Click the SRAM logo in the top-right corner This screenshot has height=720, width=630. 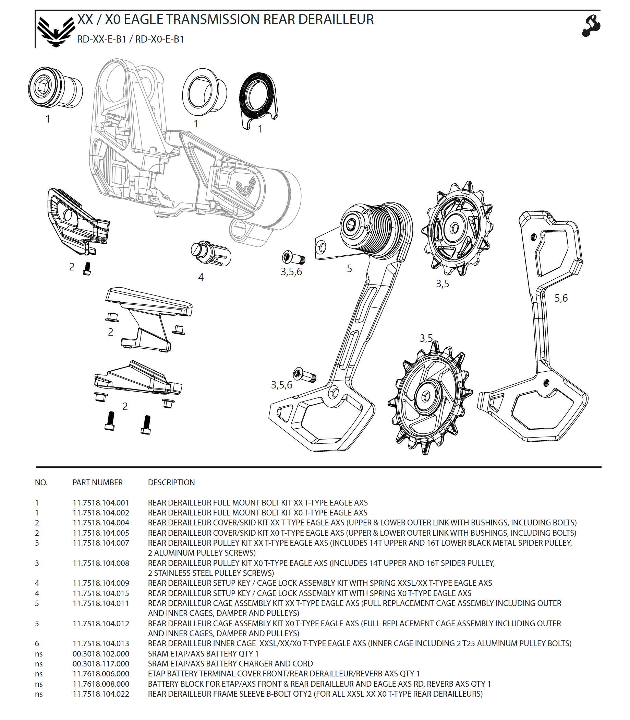pyautogui.click(x=591, y=25)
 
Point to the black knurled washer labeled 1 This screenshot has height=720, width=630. pyautogui.click(x=258, y=100)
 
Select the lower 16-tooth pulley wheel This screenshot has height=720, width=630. pyautogui.click(x=429, y=398)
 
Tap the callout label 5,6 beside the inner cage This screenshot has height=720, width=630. pyautogui.click(x=561, y=298)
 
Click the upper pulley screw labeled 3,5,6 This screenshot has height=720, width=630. pyautogui.click(x=293, y=258)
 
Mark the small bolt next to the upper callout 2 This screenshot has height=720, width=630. pyautogui.click(x=87, y=269)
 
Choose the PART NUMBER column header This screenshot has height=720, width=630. pyautogui.click(x=98, y=482)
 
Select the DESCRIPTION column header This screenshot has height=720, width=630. pyautogui.click(x=171, y=482)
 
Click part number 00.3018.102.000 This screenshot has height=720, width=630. pyautogui.click(x=101, y=653)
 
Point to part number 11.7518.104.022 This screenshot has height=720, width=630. pyautogui.click(x=101, y=694)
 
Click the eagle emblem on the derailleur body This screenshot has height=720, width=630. pyautogui.click(x=246, y=187)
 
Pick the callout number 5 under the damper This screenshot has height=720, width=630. pyautogui.click(x=349, y=268)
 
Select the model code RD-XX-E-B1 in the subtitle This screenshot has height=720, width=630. pyautogui.click(x=101, y=39)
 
